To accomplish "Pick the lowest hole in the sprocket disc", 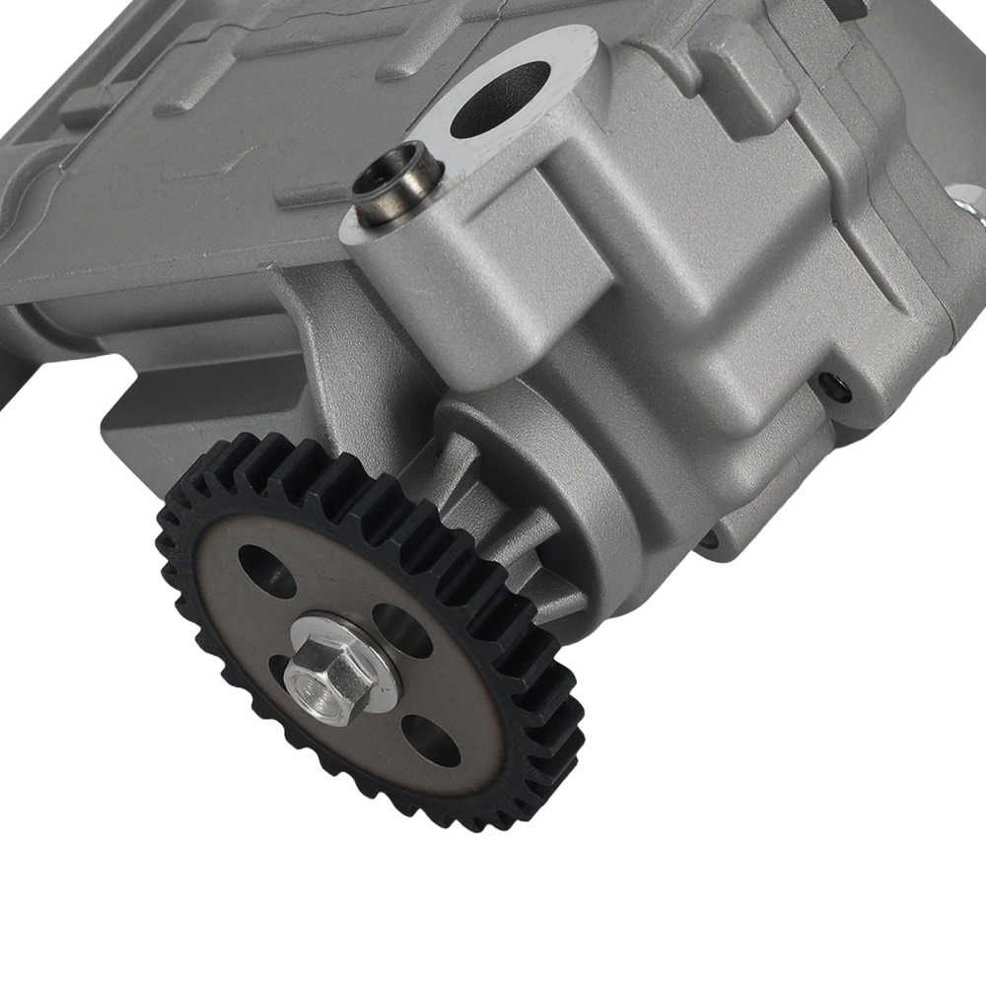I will point(432,739).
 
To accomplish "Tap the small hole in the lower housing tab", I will point(708,538).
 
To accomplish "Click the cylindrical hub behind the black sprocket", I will point(513,473).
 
